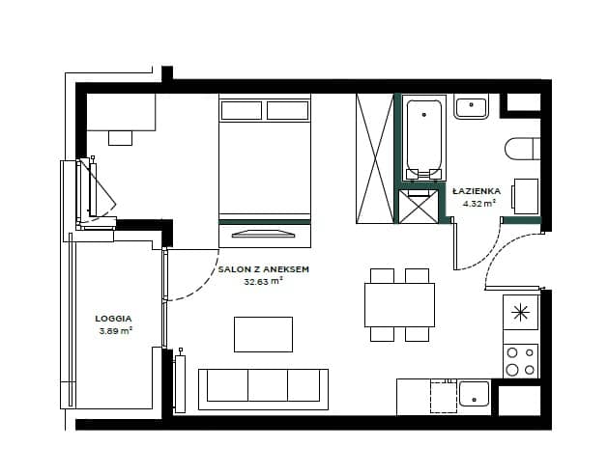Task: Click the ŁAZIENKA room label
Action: tap(477, 191)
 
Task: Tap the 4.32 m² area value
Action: tap(479, 203)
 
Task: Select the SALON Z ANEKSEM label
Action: tap(264, 269)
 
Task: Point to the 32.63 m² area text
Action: tap(263, 282)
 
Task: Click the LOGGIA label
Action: tap(114, 319)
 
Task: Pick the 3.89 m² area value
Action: tap(115, 331)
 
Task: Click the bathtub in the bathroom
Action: tap(423, 137)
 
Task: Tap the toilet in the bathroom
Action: tap(522, 148)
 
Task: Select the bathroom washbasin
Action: tap(471, 107)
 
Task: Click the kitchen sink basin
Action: tap(475, 394)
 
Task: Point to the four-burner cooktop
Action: tap(521, 360)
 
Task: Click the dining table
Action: tap(399, 305)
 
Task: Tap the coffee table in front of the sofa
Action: tap(263, 334)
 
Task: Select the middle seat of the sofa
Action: tap(268, 385)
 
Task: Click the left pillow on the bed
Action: tap(242, 110)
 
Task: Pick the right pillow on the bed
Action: tap(288, 110)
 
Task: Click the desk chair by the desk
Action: tap(120, 138)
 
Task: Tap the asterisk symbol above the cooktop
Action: tap(520, 313)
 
